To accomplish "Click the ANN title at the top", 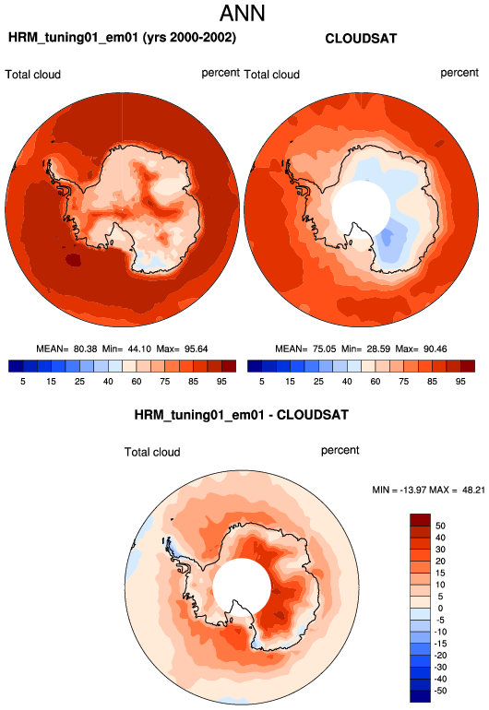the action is click(x=243, y=13).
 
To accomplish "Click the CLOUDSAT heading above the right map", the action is click(x=361, y=39).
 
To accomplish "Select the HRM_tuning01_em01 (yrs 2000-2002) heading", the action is click(x=122, y=38).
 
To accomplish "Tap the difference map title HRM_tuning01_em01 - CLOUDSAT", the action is click(x=241, y=415).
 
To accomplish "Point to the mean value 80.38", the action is click(x=86, y=349).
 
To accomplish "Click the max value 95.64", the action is click(x=196, y=349).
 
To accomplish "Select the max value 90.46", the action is click(x=435, y=349).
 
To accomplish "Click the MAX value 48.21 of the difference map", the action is click(x=473, y=490).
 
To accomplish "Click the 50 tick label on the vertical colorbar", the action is click(x=440, y=526).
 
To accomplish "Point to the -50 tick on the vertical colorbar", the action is click(x=439, y=691).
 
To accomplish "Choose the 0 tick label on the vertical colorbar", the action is click(x=440, y=609).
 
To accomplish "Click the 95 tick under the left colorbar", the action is click(x=221, y=382).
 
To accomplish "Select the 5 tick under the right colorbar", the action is click(x=261, y=382).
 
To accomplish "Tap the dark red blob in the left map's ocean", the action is click(x=73, y=260).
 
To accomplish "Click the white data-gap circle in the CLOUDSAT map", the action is click(x=361, y=209).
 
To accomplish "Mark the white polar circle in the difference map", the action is click(x=242, y=587).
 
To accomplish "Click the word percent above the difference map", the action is click(x=340, y=451).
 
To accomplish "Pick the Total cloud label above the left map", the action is click(x=32, y=75).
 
